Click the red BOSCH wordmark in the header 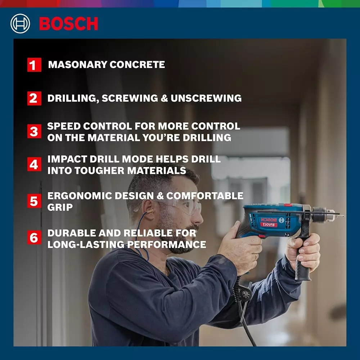pyautogui.click(x=68, y=24)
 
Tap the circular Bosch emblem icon pyautogui.click(x=20, y=24)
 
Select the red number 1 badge pyautogui.click(x=34, y=65)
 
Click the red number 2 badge pyautogui.click(x=34, y=98)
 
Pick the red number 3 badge pyautogui.click(x=34, y=131)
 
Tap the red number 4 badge pyautogui.click(x=34, y=165)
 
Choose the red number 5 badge pyautogui.click(x=34, y=201)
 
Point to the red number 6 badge pyautogui.click(x=34, y=238)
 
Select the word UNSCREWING pyautogui.click(x=206, y=98)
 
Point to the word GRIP pyautogui.click(x=60, y=207)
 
